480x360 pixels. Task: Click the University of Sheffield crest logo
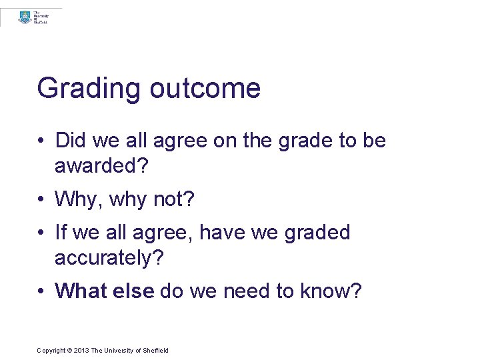[x=25, y=17]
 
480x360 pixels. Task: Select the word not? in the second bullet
[x=177, y=199]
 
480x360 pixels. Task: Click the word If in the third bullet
[x=61, y=232]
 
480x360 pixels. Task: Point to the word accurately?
[x=109, y=257]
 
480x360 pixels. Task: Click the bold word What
[x=81, y=291]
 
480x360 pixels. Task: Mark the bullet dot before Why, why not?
[x=41, y=199]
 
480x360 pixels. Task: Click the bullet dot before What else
[x=41, y=291]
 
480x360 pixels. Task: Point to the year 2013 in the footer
[x=81, y=351]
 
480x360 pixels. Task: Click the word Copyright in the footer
[x=51, y=351]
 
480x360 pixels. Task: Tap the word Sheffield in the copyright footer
[x=155, y=351]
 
